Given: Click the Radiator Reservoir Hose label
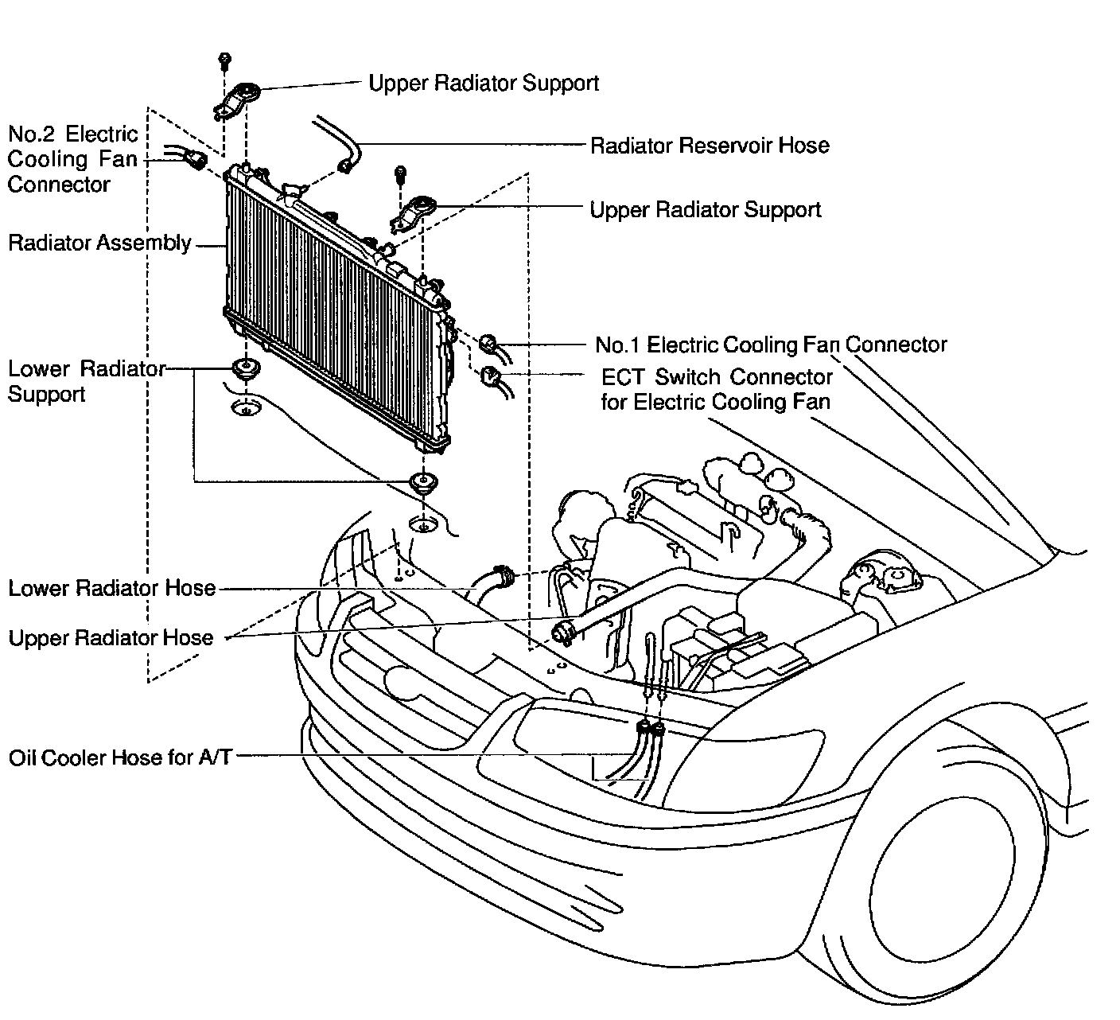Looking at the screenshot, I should coord(710,146).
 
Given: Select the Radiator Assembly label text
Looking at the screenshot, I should coord(99,243).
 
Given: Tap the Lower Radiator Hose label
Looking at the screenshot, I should coord(112,589).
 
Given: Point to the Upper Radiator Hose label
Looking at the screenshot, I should coord(111,638).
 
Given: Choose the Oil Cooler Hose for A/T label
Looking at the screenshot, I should coord(120,757).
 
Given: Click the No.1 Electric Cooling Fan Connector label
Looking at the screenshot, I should coord(771,345).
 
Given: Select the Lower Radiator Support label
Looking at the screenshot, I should coord(86,381).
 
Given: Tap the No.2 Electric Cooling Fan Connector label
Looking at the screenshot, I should coord(72,159).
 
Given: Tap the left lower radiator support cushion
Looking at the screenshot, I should coord(244,370).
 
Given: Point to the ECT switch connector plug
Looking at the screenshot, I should coord(490,376).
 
